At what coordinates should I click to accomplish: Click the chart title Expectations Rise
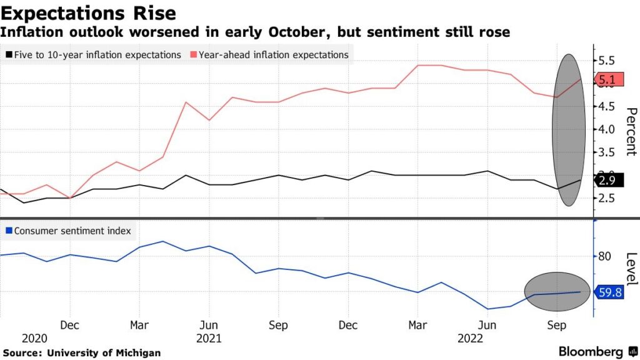click(88, 12)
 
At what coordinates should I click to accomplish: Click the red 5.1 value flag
click(607, 80)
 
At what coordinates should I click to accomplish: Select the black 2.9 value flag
click(607, 181)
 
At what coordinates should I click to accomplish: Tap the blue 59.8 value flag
click(609, 292)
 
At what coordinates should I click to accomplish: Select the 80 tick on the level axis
click(604, 257)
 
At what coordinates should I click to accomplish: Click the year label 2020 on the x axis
click(34, 338)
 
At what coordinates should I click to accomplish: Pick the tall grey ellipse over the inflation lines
click(569, 130)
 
